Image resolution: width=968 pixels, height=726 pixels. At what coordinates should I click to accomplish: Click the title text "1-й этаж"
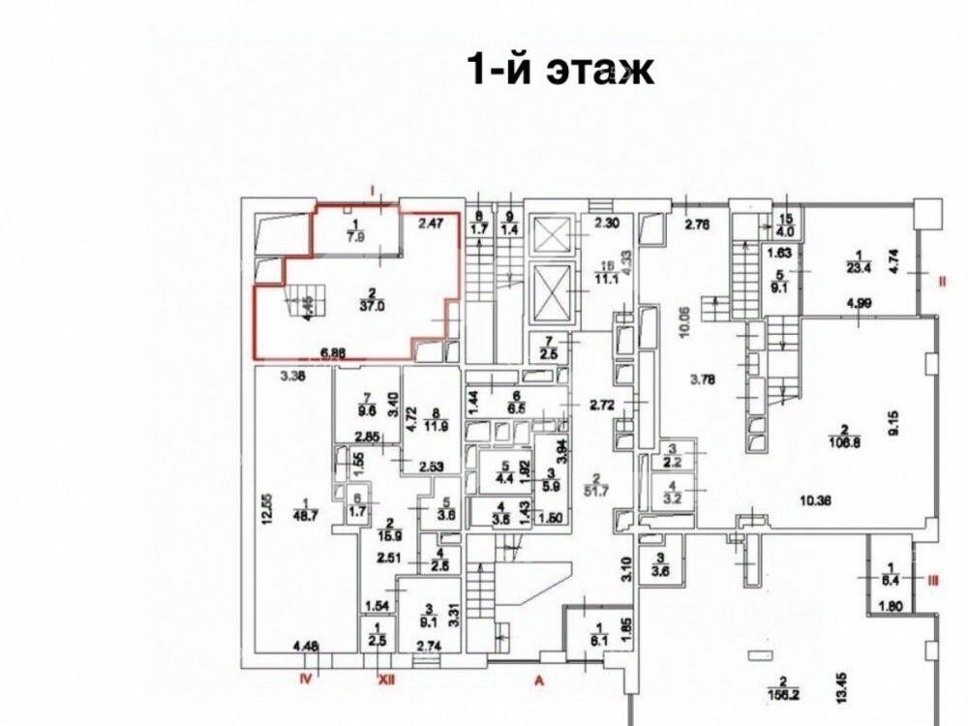[560, 70]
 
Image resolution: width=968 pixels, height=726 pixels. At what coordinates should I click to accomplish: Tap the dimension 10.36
[816, 500]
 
